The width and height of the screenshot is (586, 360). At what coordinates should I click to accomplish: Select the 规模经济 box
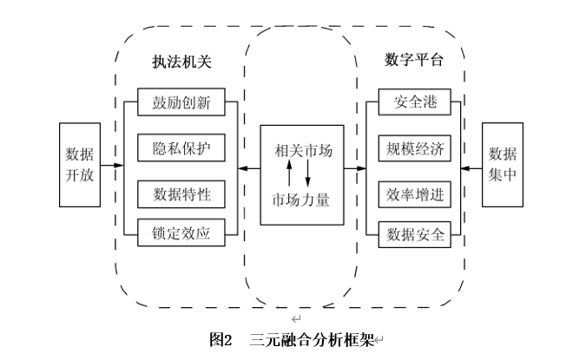point(414,148)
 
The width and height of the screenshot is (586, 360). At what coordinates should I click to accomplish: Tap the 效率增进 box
point(414,193)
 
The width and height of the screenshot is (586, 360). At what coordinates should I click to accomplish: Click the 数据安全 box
point(414,233)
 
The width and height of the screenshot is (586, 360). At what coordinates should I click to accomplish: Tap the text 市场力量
point(303,199)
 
